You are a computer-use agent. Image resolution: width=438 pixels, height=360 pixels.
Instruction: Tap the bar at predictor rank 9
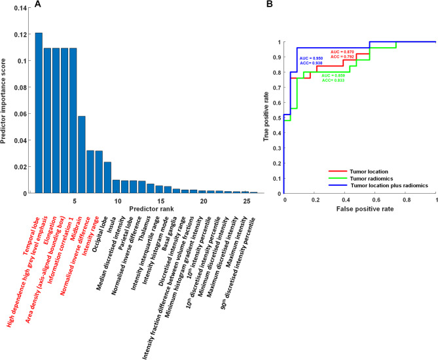[x=107, y=177]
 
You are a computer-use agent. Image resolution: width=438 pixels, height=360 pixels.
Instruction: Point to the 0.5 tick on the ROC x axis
[x=360, y=200]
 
